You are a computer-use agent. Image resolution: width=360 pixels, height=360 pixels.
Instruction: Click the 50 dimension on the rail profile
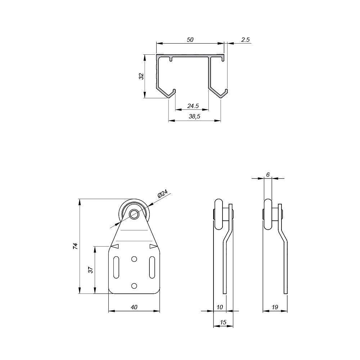[190, 40]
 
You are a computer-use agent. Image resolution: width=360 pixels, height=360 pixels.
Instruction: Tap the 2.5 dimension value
[245, 40]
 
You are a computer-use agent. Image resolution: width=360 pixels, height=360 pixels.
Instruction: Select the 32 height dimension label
[141, 76]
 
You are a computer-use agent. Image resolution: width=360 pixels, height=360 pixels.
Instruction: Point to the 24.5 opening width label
[193, 106]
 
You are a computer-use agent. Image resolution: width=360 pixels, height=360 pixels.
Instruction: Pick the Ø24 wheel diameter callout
[163, 194]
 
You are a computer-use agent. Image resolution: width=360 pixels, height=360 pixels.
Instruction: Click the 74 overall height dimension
[75, 246]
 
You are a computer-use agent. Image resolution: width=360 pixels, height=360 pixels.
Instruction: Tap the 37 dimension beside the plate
[91, 269]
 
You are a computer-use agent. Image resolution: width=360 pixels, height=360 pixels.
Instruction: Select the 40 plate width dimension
[134, 307]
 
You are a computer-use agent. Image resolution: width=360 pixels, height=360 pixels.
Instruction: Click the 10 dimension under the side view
[220, 307]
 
